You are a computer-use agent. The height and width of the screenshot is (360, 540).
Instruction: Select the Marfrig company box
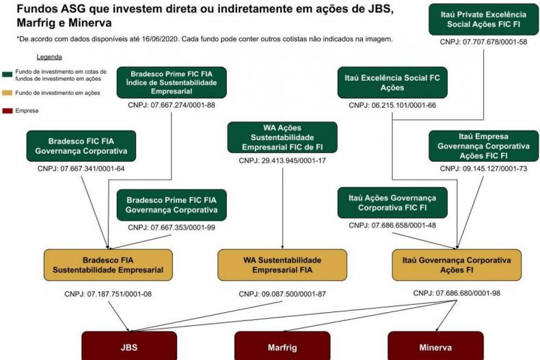[x=282, y=346]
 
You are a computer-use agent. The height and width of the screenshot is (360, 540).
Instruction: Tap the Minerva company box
[x=435, y=346]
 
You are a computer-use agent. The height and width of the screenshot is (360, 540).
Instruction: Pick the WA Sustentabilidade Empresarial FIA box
[x=282, y=265]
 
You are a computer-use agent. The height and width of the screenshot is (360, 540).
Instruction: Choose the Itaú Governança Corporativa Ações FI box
[x=457, y=265]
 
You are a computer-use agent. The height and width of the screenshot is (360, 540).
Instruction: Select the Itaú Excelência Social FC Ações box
[x=390, y=83]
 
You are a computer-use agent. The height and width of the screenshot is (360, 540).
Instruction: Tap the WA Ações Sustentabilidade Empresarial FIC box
[x=282, y=138]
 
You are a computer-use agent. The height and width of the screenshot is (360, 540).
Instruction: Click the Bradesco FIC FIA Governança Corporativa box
[x=80, y=146]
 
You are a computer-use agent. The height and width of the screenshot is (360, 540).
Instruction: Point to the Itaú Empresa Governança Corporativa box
[x=483, y=146]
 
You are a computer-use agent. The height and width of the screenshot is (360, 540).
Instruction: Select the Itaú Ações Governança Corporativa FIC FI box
[x=392, y=203]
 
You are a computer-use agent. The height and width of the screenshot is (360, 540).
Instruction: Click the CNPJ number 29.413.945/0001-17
[x=282, y=161]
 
